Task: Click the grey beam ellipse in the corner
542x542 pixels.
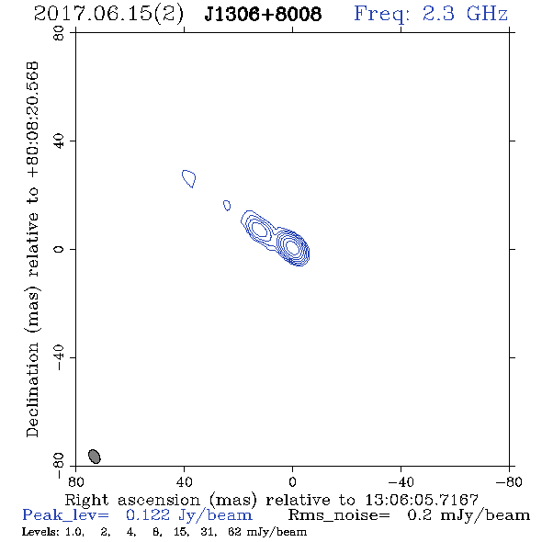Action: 95,457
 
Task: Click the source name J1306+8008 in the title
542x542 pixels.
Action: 263,14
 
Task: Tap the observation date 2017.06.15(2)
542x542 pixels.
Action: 108,15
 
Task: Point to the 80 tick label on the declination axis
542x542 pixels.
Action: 59,33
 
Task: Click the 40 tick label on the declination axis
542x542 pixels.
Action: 59,141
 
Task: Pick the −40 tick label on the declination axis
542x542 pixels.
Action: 59,357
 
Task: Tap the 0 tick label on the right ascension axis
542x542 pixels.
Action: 292,481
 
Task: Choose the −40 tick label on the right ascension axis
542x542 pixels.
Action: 401,481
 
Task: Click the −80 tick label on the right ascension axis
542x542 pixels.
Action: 509,481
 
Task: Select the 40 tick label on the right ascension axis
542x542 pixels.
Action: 184,481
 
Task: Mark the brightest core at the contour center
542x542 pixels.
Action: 292,247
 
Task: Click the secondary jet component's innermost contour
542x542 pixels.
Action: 260,229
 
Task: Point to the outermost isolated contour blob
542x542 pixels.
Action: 189,178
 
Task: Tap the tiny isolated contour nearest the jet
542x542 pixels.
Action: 227,206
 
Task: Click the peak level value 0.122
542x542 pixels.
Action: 148,515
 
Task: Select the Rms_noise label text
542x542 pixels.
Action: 339,515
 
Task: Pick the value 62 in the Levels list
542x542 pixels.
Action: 234,531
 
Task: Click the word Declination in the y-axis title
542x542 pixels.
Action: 32,390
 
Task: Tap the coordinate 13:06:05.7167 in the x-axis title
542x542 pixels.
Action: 422,500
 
